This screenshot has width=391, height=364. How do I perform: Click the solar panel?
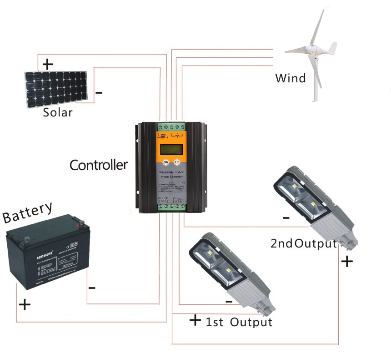56,89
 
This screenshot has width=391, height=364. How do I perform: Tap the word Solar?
58,112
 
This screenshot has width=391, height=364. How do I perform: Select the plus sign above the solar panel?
47,64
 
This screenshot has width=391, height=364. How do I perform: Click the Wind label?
291,78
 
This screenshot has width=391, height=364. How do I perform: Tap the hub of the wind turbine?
311,49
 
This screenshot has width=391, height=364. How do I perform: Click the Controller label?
98,165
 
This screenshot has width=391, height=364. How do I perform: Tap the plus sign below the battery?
25,304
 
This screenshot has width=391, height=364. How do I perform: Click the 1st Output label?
239,323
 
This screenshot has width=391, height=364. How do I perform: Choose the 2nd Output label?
303,243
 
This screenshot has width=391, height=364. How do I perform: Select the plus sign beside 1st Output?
195,320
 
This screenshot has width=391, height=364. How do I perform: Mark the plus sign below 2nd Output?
346,261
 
